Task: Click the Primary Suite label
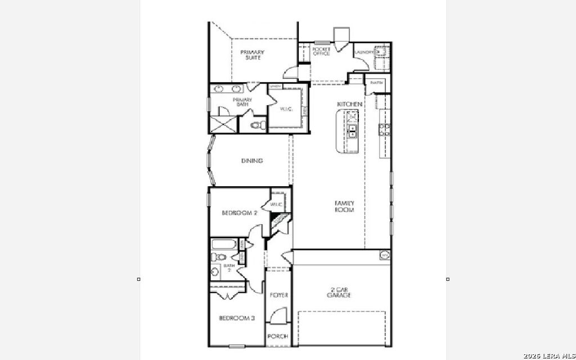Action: point(253,55)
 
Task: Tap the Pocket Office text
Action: point(321,51)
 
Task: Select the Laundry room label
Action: point(364,53)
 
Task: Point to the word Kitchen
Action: point(349,105)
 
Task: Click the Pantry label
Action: point(376,83)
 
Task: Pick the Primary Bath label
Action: point(242,102)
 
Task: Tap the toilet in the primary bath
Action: point(256,125)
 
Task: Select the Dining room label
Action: point(252,161)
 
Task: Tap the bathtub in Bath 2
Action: point(223,245)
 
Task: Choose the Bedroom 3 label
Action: point(237,318)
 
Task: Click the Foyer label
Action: point(279,295)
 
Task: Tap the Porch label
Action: point(278,336)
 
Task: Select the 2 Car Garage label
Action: point(339,293)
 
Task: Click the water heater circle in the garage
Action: point(385,255)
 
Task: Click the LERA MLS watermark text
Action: point(548,355)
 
